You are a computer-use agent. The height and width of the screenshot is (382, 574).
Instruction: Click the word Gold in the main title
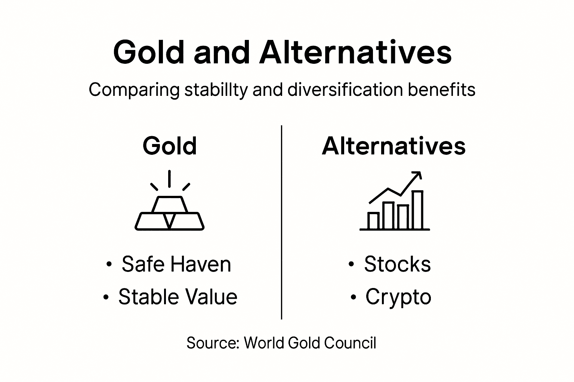point(149,53)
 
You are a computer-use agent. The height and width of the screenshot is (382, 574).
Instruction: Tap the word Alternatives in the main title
point(355,53)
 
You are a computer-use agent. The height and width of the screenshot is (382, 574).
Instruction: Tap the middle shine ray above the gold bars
point(170,178)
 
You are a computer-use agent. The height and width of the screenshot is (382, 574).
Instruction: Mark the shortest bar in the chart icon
point(373,220)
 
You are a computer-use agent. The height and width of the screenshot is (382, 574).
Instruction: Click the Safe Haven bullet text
point(176,264)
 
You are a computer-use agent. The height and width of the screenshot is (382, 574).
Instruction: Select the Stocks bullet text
point(397,264)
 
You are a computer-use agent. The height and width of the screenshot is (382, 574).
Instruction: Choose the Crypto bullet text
point(398,297)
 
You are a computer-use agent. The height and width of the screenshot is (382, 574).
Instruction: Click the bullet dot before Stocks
point(351,264)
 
